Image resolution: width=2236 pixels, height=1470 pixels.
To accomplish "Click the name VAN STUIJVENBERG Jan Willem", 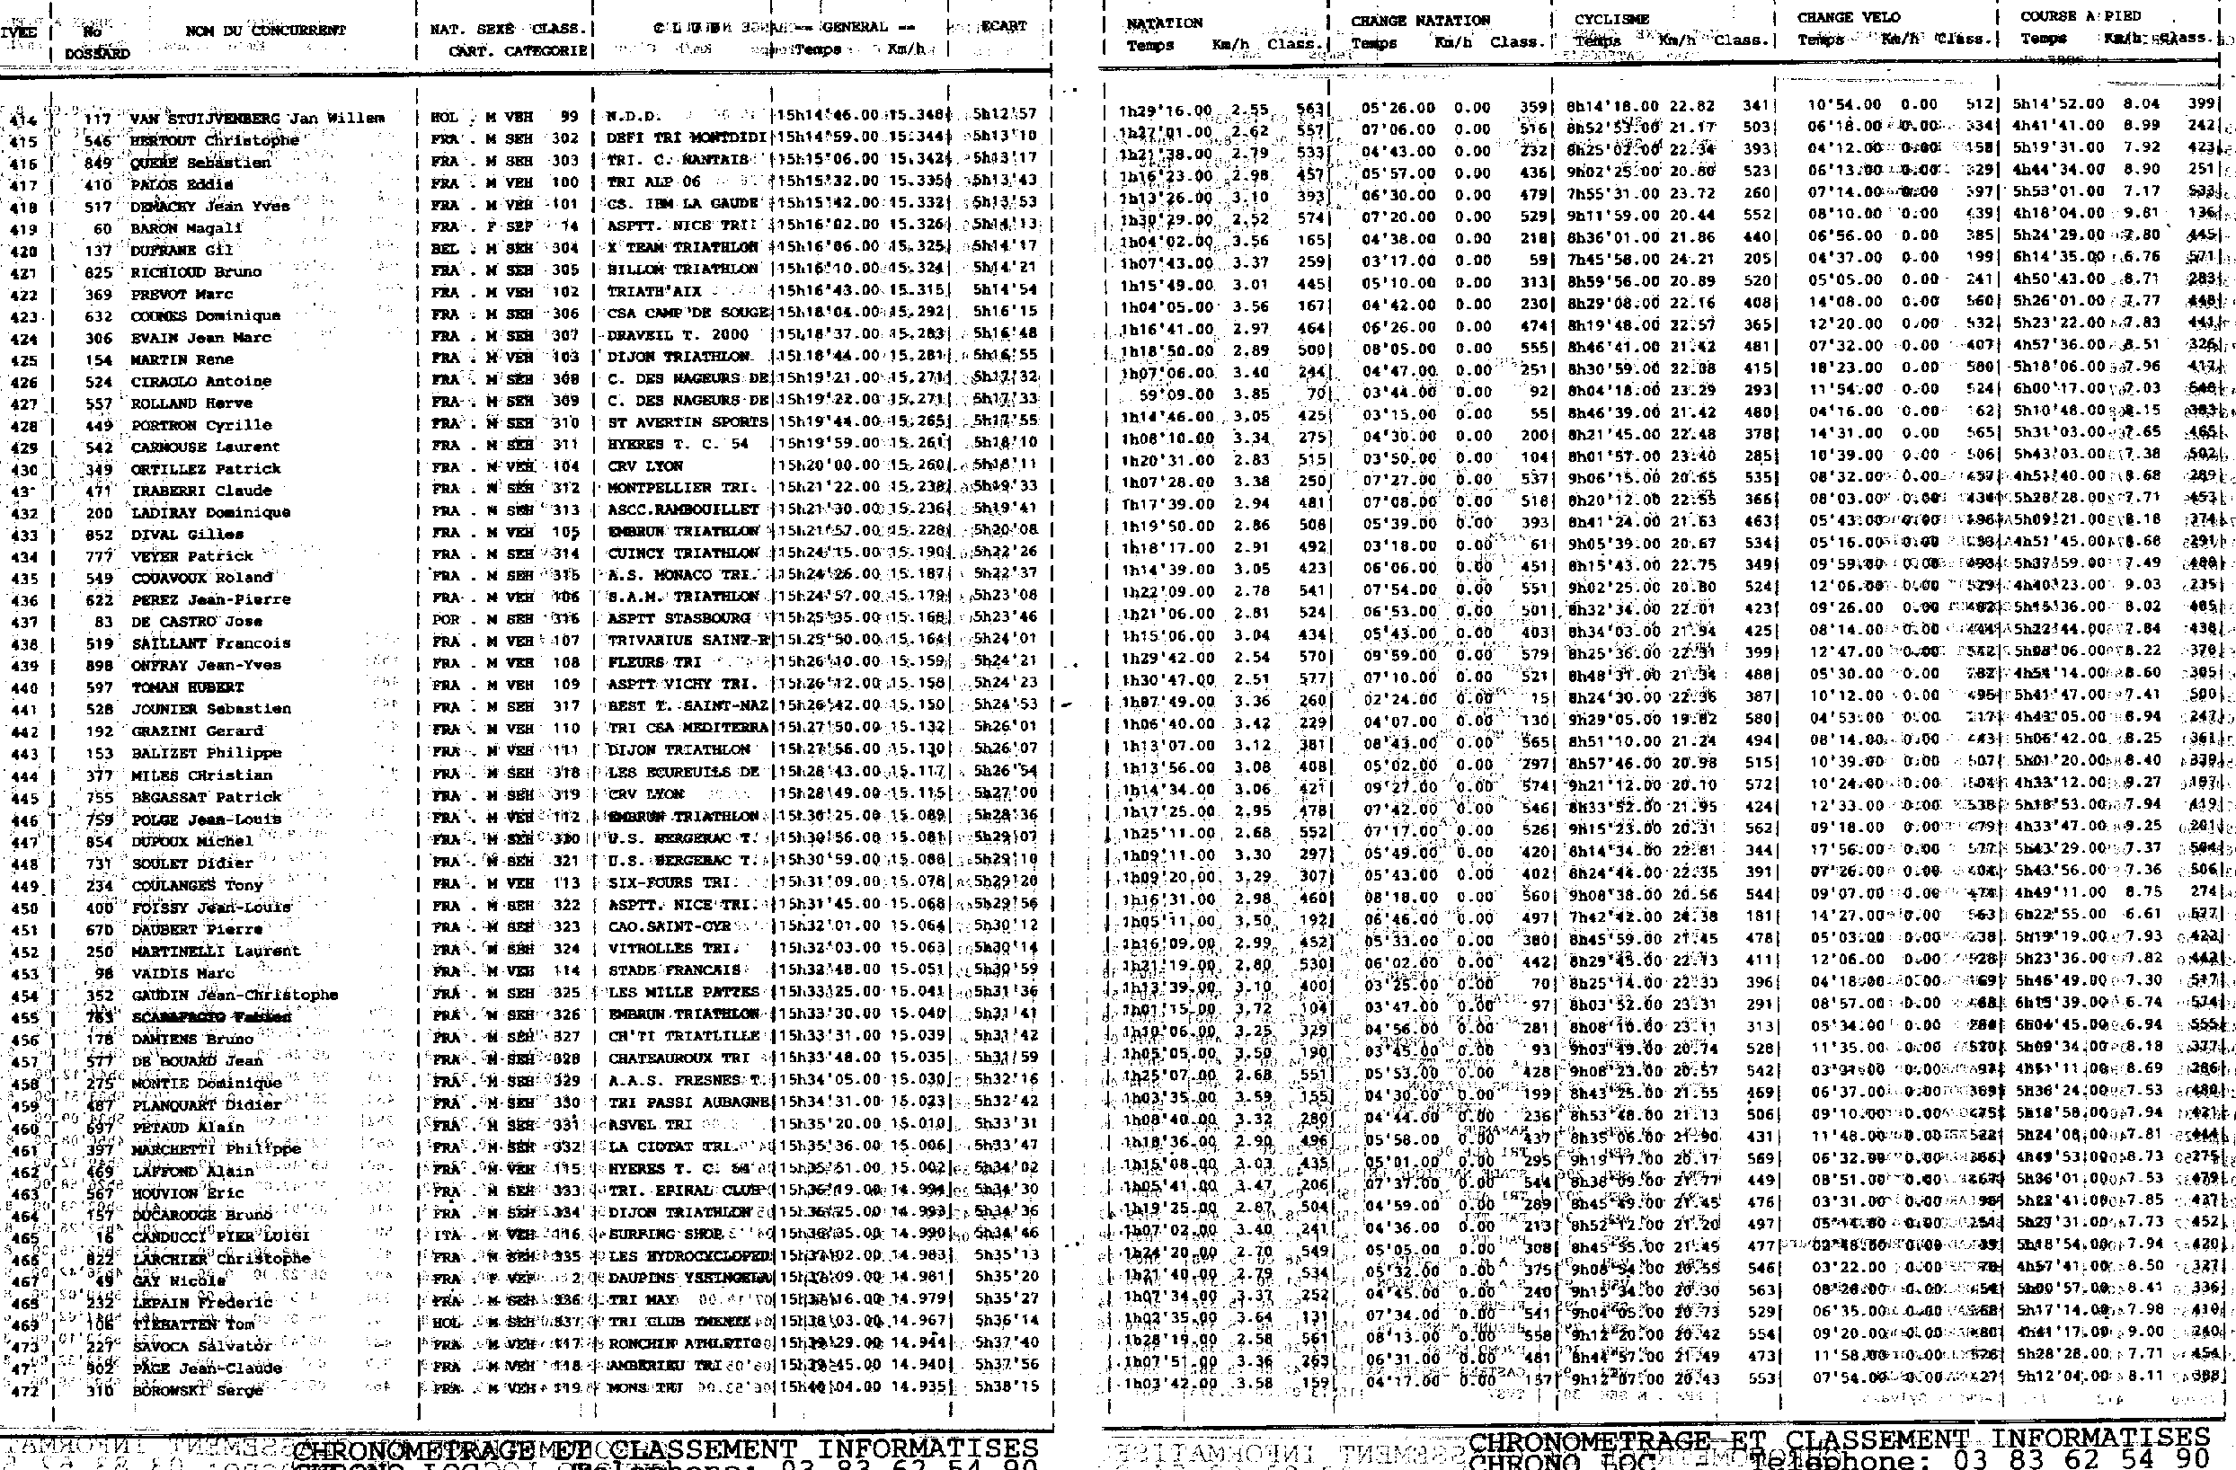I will point(257,119).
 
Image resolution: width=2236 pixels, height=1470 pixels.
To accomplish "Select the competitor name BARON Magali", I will point(186,228).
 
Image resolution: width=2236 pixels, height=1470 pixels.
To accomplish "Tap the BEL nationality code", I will point(444,249).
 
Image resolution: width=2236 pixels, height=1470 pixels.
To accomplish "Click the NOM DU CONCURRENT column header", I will point(266,30).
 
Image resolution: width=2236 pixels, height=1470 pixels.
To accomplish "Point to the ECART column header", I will point(1003,26).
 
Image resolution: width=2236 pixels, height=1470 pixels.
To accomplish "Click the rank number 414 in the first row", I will point(21,120).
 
